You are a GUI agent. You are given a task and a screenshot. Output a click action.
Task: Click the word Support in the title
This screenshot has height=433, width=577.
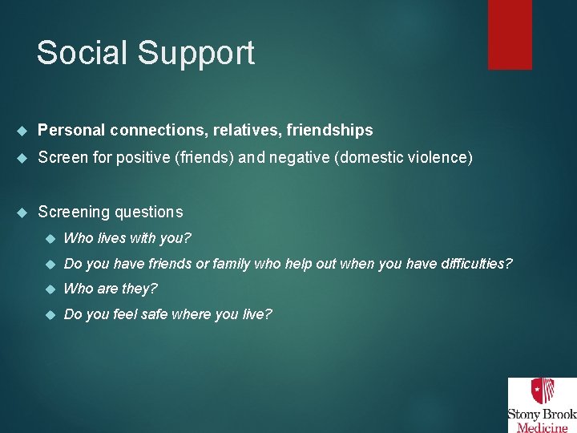tap(196, 55)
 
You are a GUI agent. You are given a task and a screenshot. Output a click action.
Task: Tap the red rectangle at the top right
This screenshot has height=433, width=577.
tap(510, 34)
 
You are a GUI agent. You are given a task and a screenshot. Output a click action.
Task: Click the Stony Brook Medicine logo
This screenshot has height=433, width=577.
tap(541, 405)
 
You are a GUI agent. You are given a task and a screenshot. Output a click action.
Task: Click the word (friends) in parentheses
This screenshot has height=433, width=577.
tap(204, 157)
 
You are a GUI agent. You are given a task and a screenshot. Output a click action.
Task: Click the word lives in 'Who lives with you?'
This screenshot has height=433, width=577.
tap(113, 238)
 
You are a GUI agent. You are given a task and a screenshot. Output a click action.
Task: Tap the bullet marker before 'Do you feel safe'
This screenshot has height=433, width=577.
tap(50, 314)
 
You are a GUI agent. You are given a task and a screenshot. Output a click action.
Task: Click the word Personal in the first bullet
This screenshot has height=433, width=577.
tap(71, 130)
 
